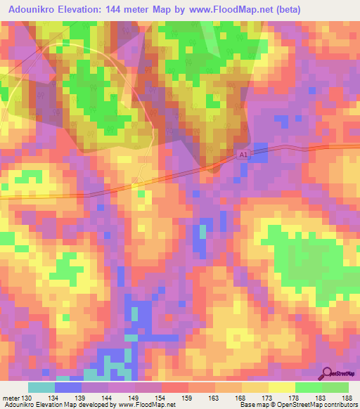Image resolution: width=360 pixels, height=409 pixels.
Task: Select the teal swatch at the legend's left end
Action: (41, 387)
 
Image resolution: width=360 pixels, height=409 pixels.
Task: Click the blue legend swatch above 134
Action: (68, 387)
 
